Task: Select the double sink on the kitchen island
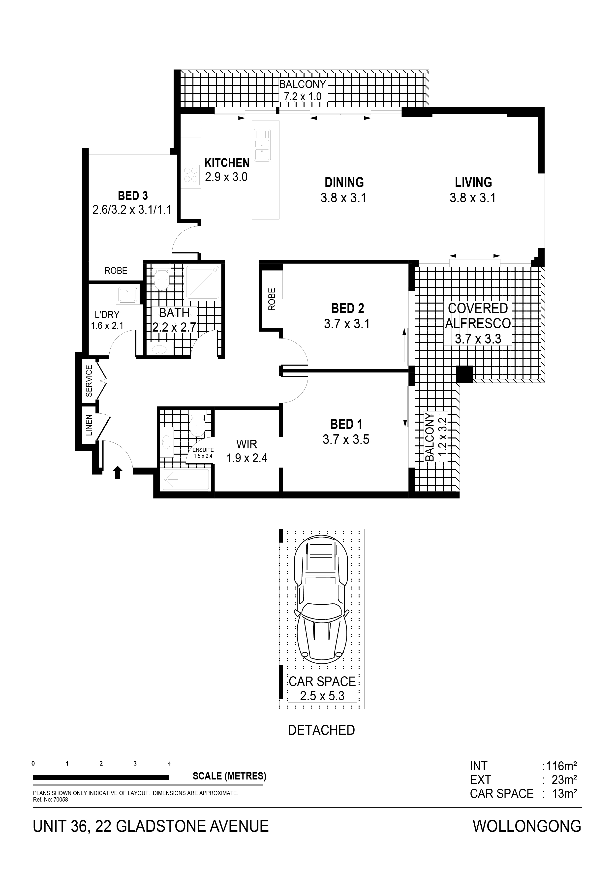click(262, 145)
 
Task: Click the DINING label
click(344, 182)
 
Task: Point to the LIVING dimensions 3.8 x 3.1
click(473, 198)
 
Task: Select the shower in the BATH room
click(202, 282)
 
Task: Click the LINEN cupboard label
click(89, 425)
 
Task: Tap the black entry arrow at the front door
click(117, 472)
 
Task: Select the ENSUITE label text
click(203, 450)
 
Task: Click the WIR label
click(247, 444)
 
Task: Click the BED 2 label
click(347, 309)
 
